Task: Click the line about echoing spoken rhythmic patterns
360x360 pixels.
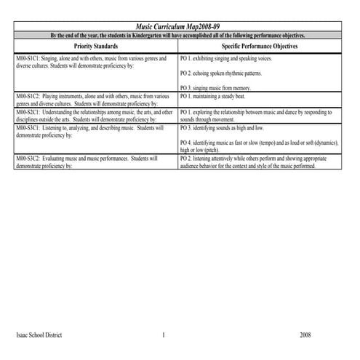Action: click(x=221, y=73)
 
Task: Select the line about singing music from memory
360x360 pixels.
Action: click(x=220, y=88)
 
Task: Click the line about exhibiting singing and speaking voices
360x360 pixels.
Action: click(x=226, y=57)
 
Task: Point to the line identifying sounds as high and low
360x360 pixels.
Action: click(x=221, y=128)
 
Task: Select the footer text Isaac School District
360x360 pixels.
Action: click(x=39, y=335)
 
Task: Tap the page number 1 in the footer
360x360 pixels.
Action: click(x=164, y=335)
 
